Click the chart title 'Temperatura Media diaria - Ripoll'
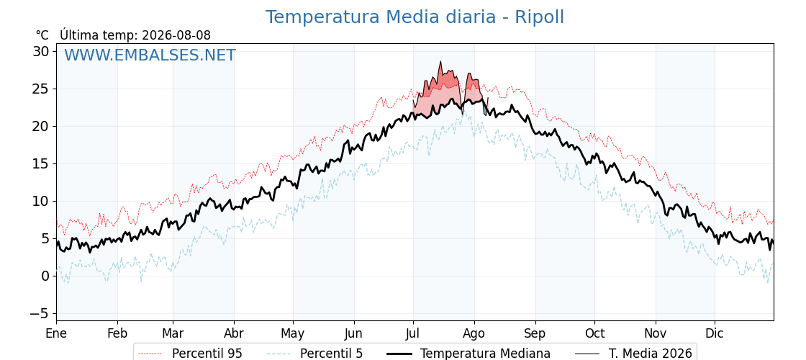[415, 17]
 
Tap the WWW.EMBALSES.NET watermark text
[150, 55]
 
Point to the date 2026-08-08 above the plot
[176, 35]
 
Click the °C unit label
[42, 35]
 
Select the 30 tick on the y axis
[42, 51]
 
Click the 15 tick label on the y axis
[42, 163]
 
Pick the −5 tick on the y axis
[39, 313]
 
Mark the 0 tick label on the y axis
[46, 276]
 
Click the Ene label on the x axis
[57, 334]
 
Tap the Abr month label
[234, 334]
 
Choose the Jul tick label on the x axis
[413, 334]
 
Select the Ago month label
[474, 334]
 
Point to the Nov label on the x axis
[656, 334]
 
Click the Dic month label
[715, 334]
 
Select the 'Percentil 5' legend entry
[314, 354]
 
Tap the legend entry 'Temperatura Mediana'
[468, 354]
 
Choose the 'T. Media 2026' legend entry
[633, 354]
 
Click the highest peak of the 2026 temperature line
[440, 62]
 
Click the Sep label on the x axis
[535, 334]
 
